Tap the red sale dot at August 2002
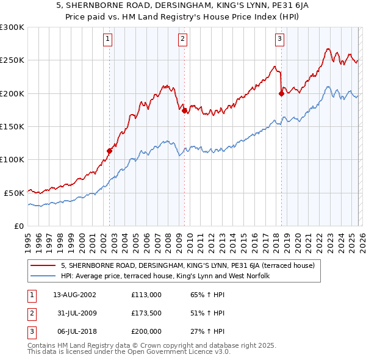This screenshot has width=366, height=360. coord(110,151)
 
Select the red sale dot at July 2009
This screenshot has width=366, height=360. coord(184,110)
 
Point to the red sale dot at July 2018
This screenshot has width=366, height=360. coord(281,93)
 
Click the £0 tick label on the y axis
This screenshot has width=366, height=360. coord(20,226)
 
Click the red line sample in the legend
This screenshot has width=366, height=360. coord(43,265)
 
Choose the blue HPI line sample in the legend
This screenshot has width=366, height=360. coord(43,276)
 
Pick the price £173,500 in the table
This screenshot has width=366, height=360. coord(146,313)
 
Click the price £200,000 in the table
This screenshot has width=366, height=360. coord(146,331)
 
